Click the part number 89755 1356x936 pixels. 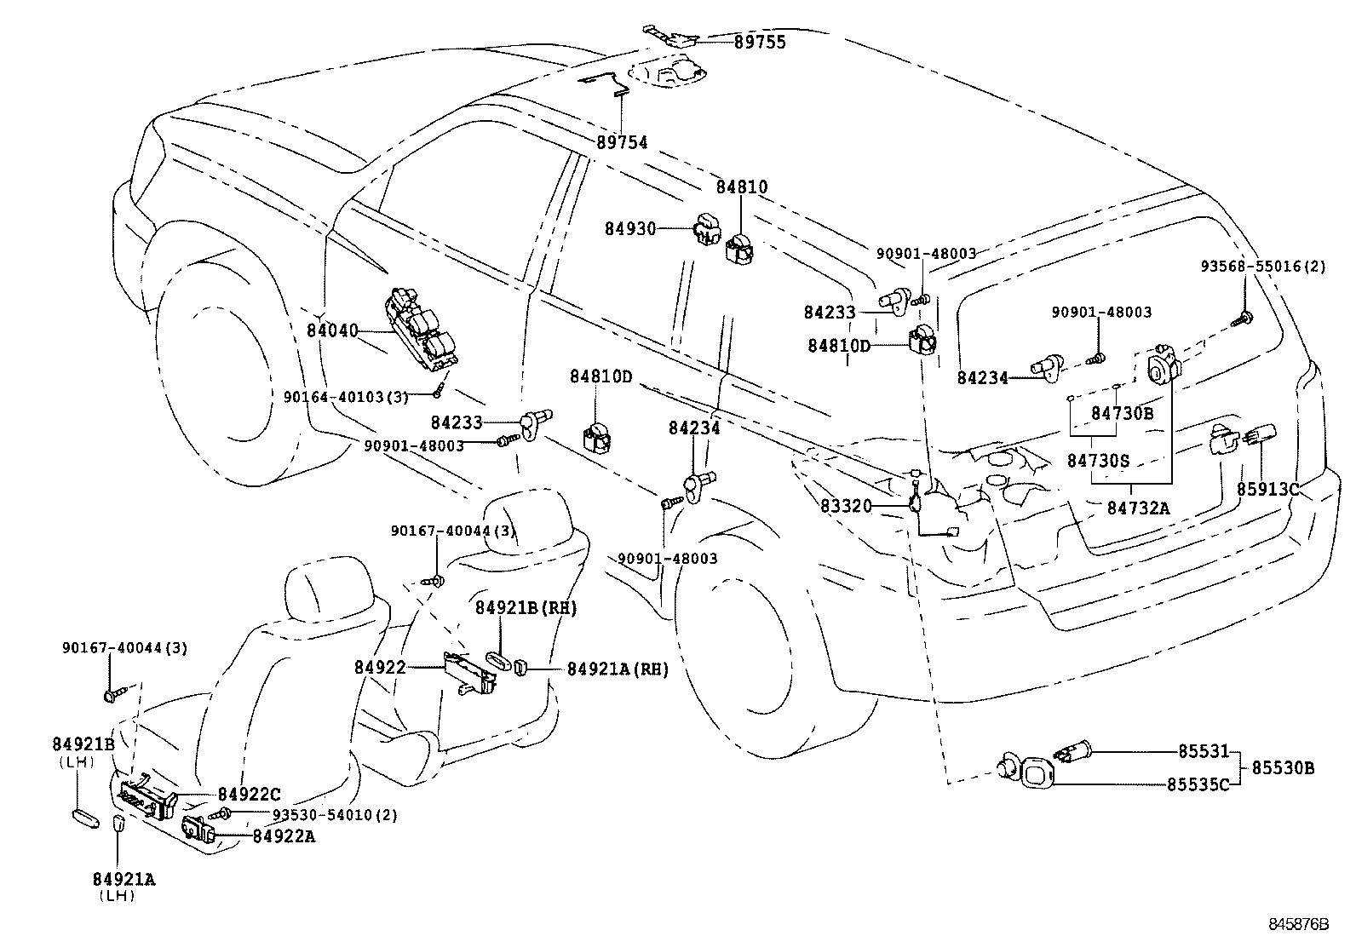click(x=760, y=42)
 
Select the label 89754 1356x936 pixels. click(x=621, y=143)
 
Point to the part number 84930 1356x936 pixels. click(x=630, y=228)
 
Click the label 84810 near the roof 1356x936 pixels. click(x=741, y=187)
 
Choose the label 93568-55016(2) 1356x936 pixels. click(x=1263, y=267)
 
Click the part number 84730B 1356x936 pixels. click(x=1122, y=414)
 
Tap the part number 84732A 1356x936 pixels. click(x=1139, y=508)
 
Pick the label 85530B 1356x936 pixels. click(x=1282, y=768)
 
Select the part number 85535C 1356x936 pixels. click(x=1198, y=784)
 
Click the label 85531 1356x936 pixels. click(x=1204, y=752)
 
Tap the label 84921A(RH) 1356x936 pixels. click(x=618, y=669)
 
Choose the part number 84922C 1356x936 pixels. click(x=248, y=795)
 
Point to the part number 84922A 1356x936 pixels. click(x=284, y=836)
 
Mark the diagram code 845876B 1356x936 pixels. click(x=1298, y=923)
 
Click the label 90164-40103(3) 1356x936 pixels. click(x=346, y=396)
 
